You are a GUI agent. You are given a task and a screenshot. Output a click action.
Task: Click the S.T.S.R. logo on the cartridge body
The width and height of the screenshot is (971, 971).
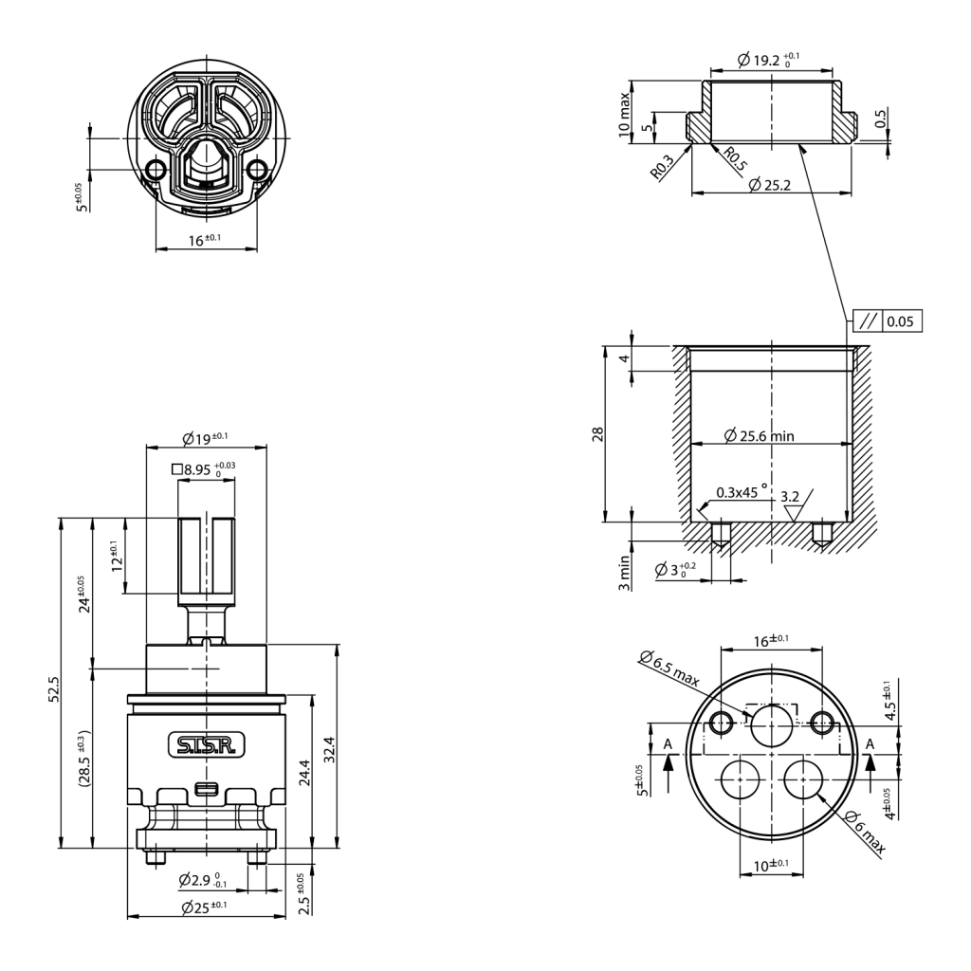207,745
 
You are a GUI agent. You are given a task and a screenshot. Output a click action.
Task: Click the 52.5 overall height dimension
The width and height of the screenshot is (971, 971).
54,688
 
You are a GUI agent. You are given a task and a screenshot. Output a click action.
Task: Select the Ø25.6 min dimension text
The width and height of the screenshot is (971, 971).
760,436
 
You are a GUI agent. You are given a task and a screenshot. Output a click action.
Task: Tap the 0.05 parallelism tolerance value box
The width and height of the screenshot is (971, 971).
900,321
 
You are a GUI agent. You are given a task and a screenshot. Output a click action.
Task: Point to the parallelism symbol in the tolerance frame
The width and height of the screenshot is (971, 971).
869,321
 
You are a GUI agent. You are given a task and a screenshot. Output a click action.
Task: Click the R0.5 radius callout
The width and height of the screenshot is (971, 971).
735,158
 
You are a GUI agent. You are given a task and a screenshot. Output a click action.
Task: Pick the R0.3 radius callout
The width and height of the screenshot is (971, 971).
662,167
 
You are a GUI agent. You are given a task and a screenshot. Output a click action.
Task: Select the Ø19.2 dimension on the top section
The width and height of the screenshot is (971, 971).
768,60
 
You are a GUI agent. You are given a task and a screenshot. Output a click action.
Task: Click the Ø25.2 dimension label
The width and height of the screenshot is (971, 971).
770,185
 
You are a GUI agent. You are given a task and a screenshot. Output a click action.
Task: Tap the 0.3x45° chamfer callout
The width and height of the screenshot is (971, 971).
742,492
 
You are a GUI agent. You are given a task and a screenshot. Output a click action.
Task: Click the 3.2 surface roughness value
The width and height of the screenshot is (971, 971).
790,497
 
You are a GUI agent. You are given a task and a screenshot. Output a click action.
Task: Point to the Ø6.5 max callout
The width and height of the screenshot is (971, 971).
669,669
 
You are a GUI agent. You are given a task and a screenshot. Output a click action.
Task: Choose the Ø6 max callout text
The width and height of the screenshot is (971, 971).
865,833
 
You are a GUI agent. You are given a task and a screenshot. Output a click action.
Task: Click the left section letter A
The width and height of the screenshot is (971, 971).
668,743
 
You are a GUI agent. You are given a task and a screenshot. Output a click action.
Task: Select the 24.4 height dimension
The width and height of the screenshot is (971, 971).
304,773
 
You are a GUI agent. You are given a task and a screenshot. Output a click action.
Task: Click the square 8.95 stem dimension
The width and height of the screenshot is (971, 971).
204,469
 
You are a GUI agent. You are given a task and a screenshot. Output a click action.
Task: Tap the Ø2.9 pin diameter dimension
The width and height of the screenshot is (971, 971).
203,879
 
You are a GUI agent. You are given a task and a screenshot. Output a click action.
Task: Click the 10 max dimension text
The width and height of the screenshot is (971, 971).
624,115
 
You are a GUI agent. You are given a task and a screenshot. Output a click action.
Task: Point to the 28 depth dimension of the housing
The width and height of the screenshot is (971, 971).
597,433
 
